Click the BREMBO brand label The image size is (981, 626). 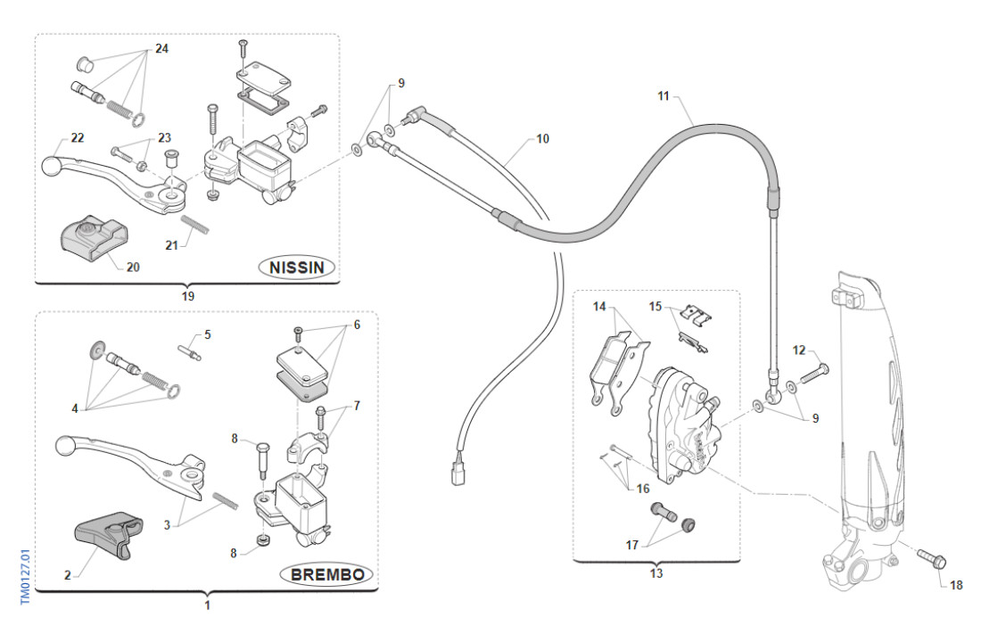(x=326, y=575)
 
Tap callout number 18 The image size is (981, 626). (x=956, y=586)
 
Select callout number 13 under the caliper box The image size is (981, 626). (x=656, y=574)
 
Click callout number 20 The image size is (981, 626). (x=133, y=266)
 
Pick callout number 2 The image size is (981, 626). (x=67, y=575)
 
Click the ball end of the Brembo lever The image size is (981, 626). (x=63, y=444)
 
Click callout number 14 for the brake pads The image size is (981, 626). (x=599, y=307)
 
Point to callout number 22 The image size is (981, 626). (x=78, y=137)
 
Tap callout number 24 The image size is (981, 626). (x=161, y=48)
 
